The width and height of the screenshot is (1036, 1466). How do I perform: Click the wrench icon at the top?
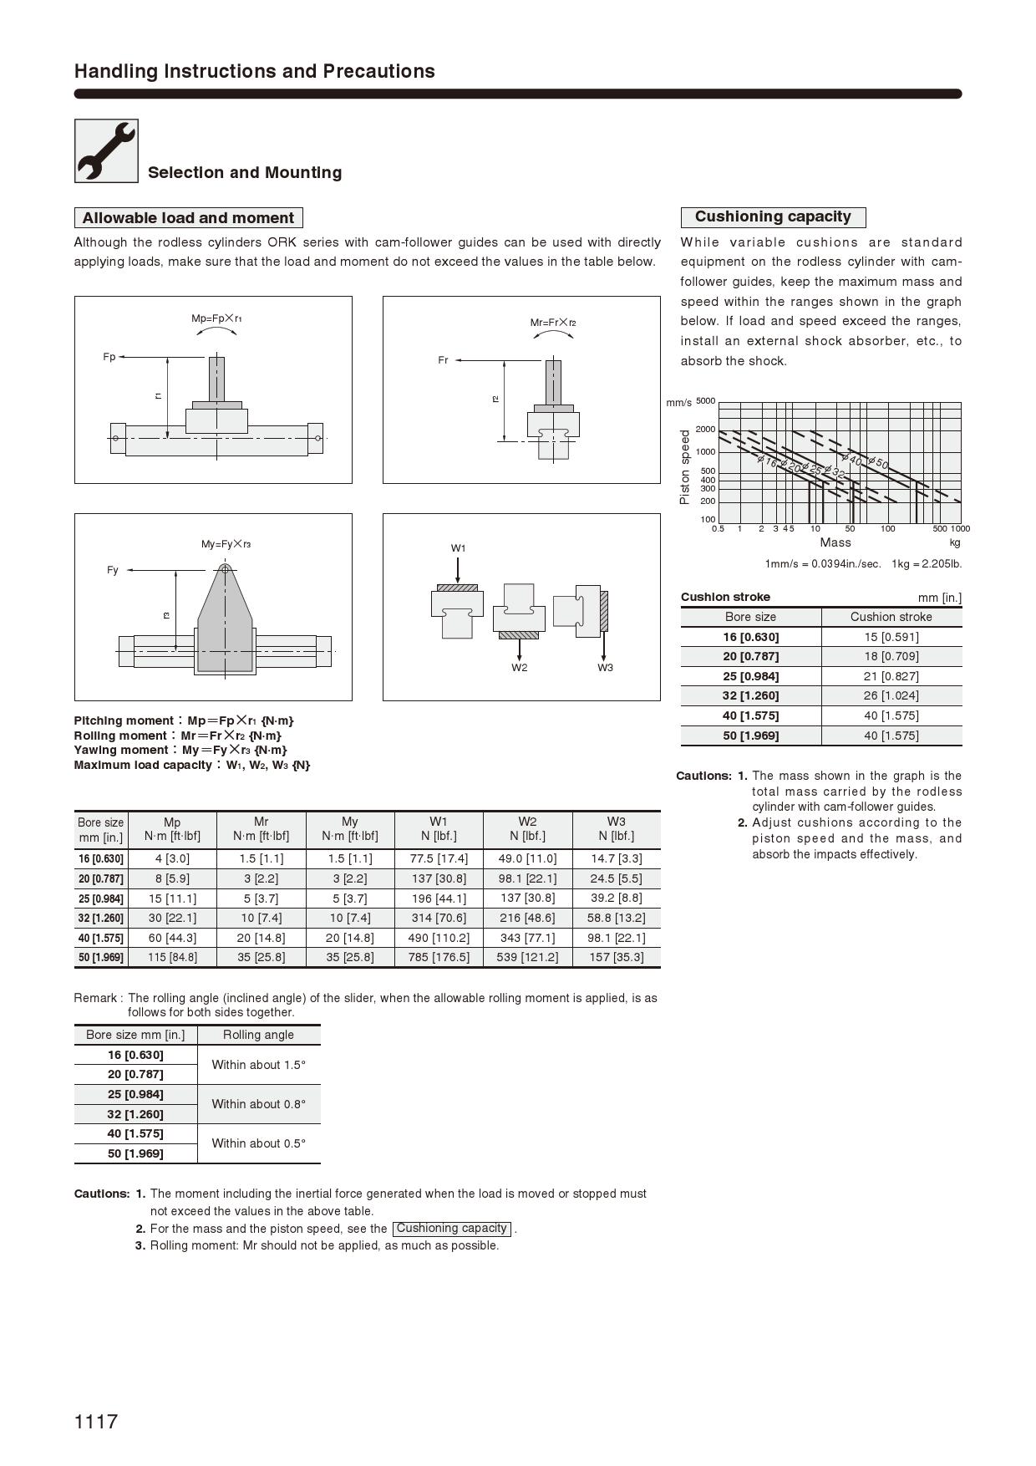(106, 150)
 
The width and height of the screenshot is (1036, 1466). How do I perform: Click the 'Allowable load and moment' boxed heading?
(188, 218)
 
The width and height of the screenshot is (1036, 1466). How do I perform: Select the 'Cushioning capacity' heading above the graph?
(773, 217)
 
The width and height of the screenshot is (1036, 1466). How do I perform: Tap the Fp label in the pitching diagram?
(109, 357)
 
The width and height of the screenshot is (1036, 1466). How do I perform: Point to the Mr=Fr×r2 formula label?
(553, 323)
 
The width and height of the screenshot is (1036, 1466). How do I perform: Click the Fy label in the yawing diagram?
(113, 570)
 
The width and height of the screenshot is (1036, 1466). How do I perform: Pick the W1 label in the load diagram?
(458, 548)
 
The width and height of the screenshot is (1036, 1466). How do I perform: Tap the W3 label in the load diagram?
(605, 667)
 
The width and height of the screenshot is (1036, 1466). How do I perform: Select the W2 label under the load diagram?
(520, 667)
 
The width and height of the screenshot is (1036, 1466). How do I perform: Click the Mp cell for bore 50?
(172, 957)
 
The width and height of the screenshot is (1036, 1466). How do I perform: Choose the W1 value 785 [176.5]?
(439, 957)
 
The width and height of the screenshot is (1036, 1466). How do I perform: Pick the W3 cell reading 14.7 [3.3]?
(616, 858)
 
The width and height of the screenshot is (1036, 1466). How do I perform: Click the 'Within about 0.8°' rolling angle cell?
(258, 1104)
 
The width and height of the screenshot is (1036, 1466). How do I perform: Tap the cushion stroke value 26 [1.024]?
(891, 695)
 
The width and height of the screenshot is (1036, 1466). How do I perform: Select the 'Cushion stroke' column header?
(891, 617)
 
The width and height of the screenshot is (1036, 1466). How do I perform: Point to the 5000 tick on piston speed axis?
(705, 401)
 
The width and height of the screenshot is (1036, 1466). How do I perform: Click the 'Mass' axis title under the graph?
(835, 542)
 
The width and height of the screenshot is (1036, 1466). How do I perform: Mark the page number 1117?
(96, 1421)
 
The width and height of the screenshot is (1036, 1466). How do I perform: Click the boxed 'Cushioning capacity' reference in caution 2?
(451, 1229)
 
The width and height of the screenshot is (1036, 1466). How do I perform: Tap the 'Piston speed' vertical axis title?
(685, 466)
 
